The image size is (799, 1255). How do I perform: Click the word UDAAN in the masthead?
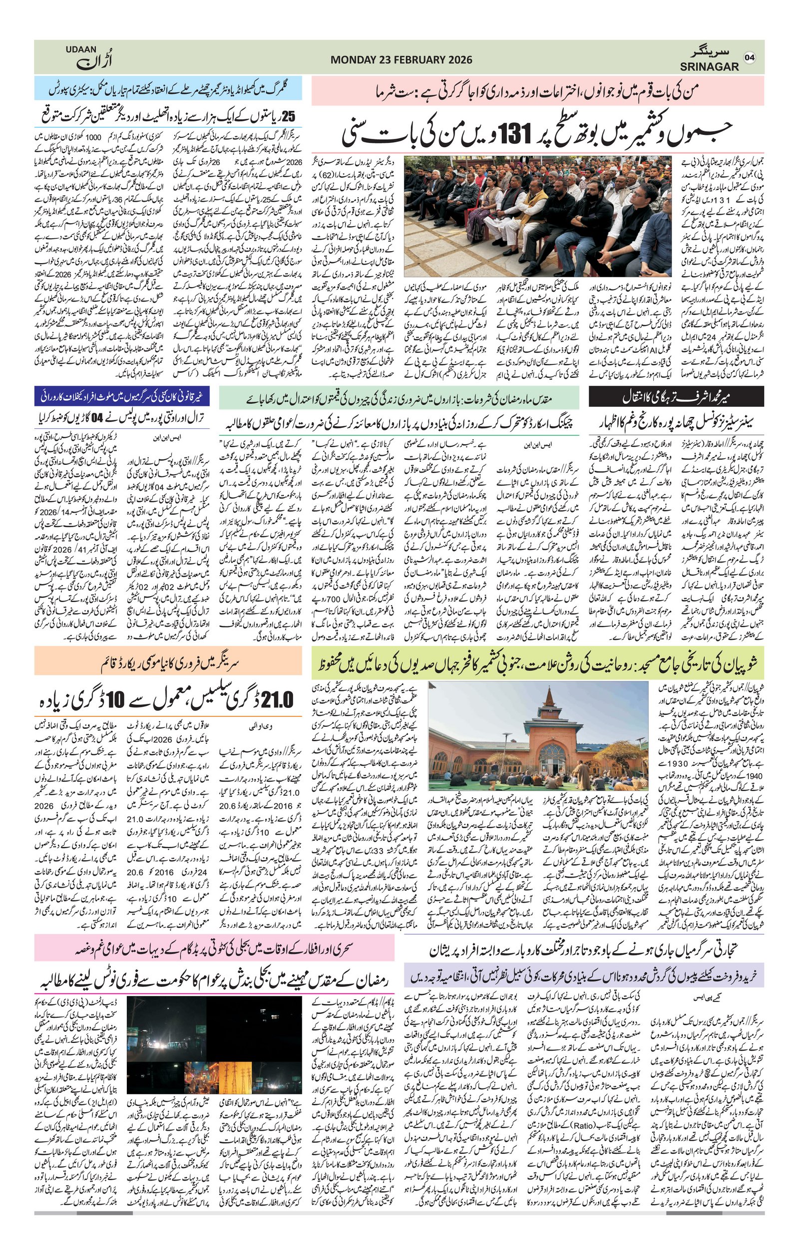pos(81,49)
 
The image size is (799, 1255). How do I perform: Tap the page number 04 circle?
pos(750,57)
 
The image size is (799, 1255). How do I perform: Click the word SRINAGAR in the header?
pos(709,67)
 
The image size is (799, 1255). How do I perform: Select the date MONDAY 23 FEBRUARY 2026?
pos(401,60)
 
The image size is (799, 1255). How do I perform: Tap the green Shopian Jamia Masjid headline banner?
pos(537,662)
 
